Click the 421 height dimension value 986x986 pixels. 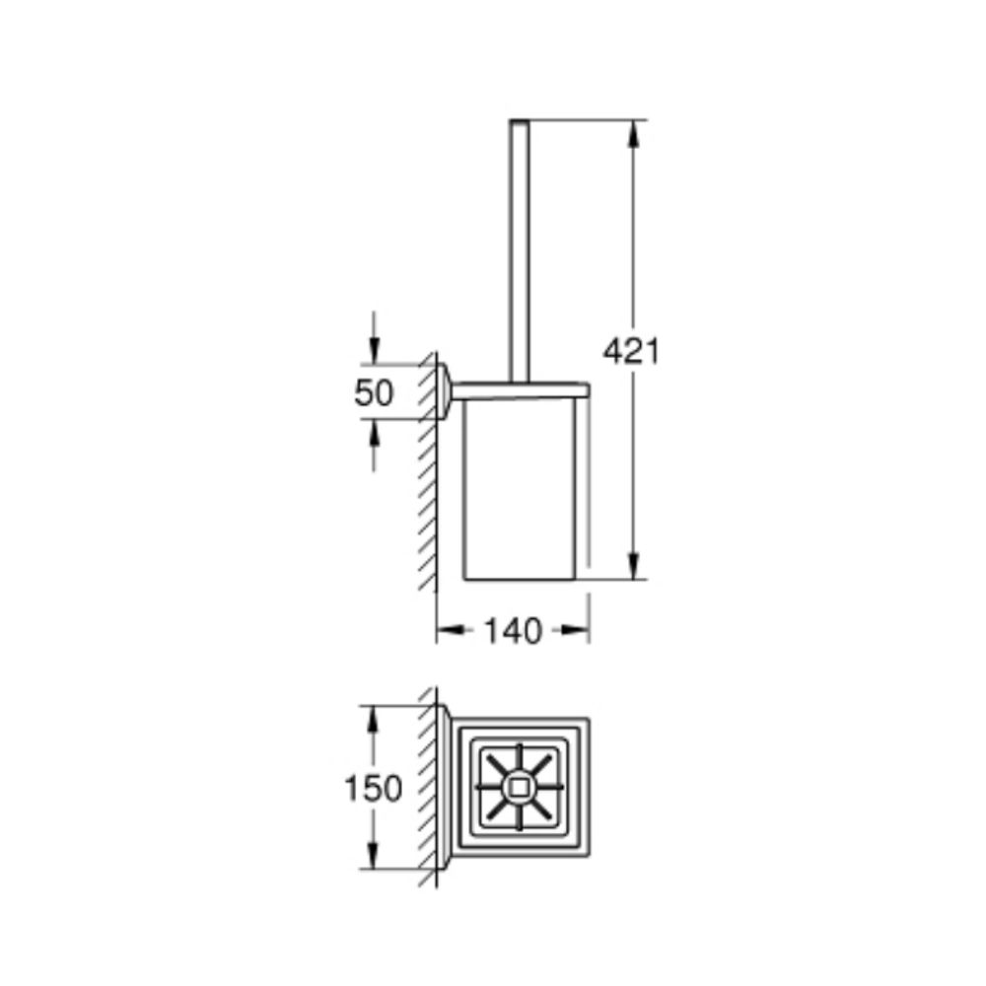[632, 350]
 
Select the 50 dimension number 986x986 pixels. [374, 392]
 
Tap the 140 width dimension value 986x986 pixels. [513, 631]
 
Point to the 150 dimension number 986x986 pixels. [373, 788]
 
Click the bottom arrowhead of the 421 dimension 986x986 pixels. [636, 567]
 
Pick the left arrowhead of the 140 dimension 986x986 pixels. [449, 631]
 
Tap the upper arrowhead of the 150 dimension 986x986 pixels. [373, 718]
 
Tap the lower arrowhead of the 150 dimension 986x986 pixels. [373, 857]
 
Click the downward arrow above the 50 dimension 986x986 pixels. [374, 349]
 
